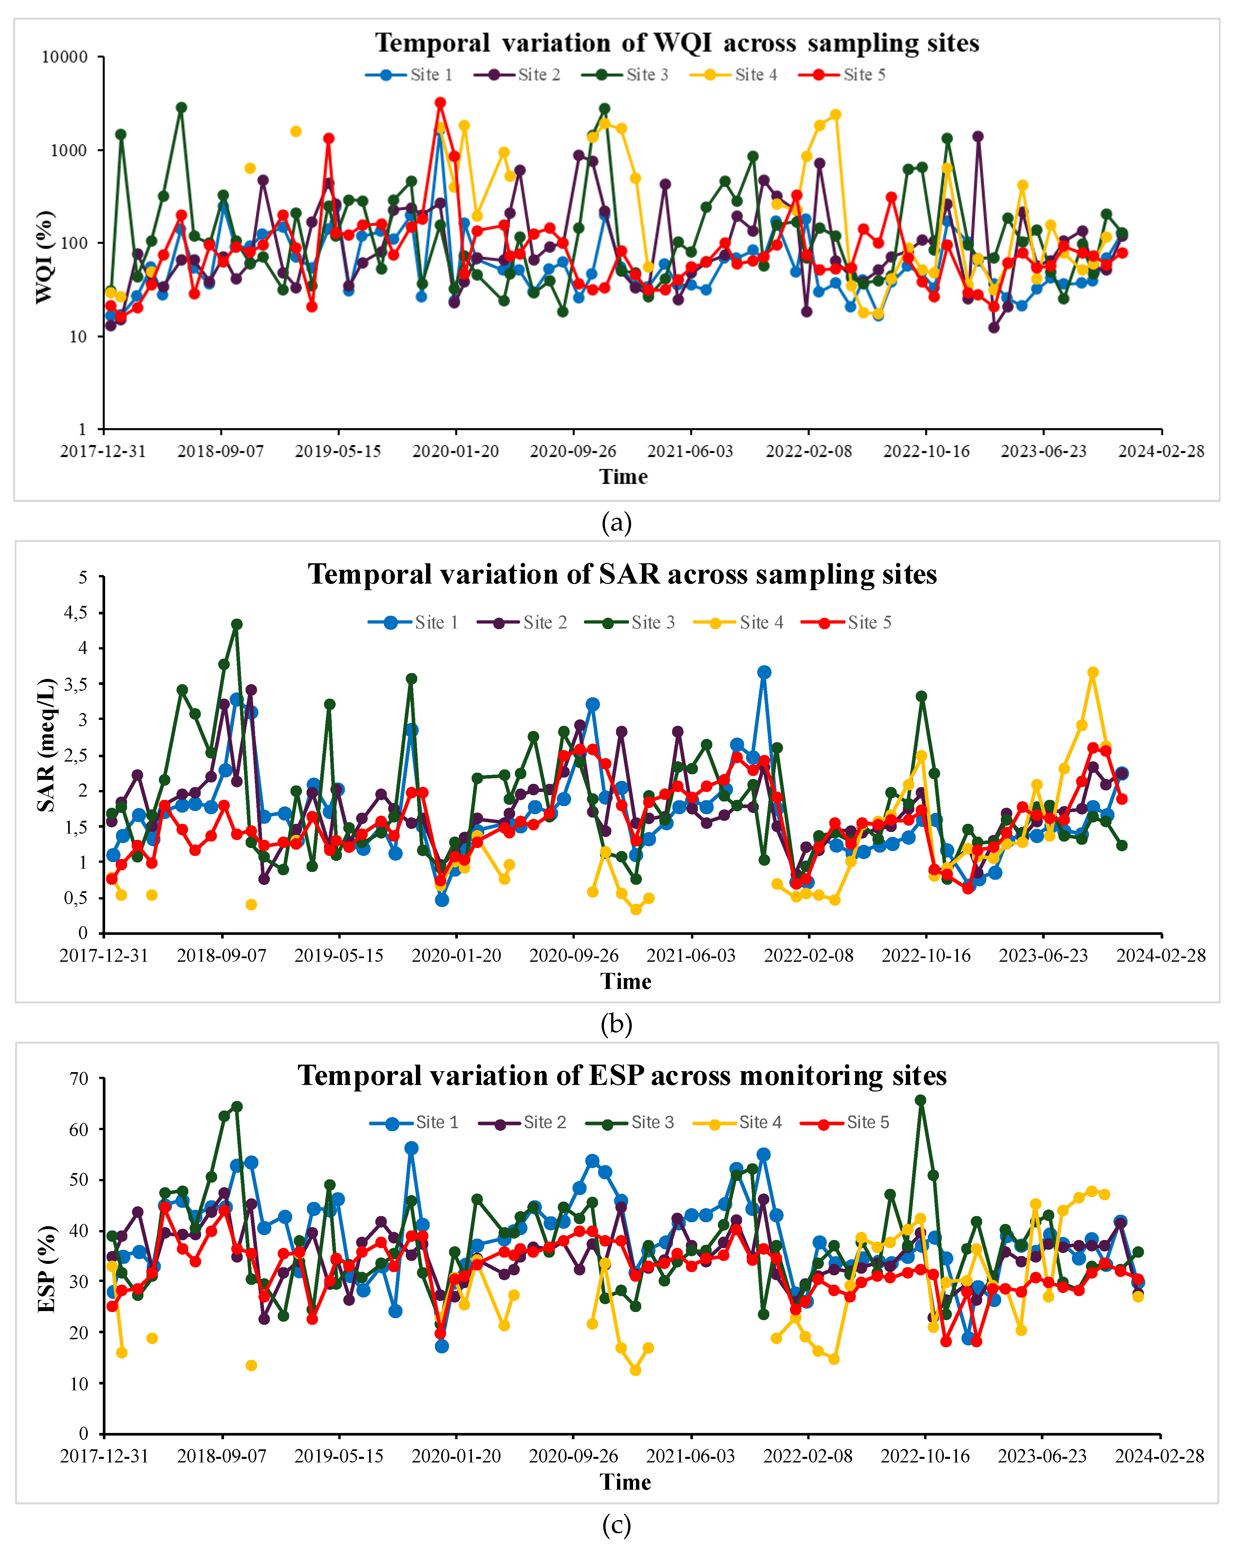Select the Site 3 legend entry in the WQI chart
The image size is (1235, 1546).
pos(625,75)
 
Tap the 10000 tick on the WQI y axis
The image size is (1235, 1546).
pos(65,57)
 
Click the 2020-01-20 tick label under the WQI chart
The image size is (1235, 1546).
pos(456,451)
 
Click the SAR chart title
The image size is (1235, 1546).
pos(622,574)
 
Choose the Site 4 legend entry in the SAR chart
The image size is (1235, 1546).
pos(738,622)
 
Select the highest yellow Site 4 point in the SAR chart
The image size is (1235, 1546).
pos(1092,673)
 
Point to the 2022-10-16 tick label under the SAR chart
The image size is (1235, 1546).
pos(926,955)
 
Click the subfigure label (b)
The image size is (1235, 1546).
pos(616,1024)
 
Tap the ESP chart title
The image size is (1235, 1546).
pos(622,1075)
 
